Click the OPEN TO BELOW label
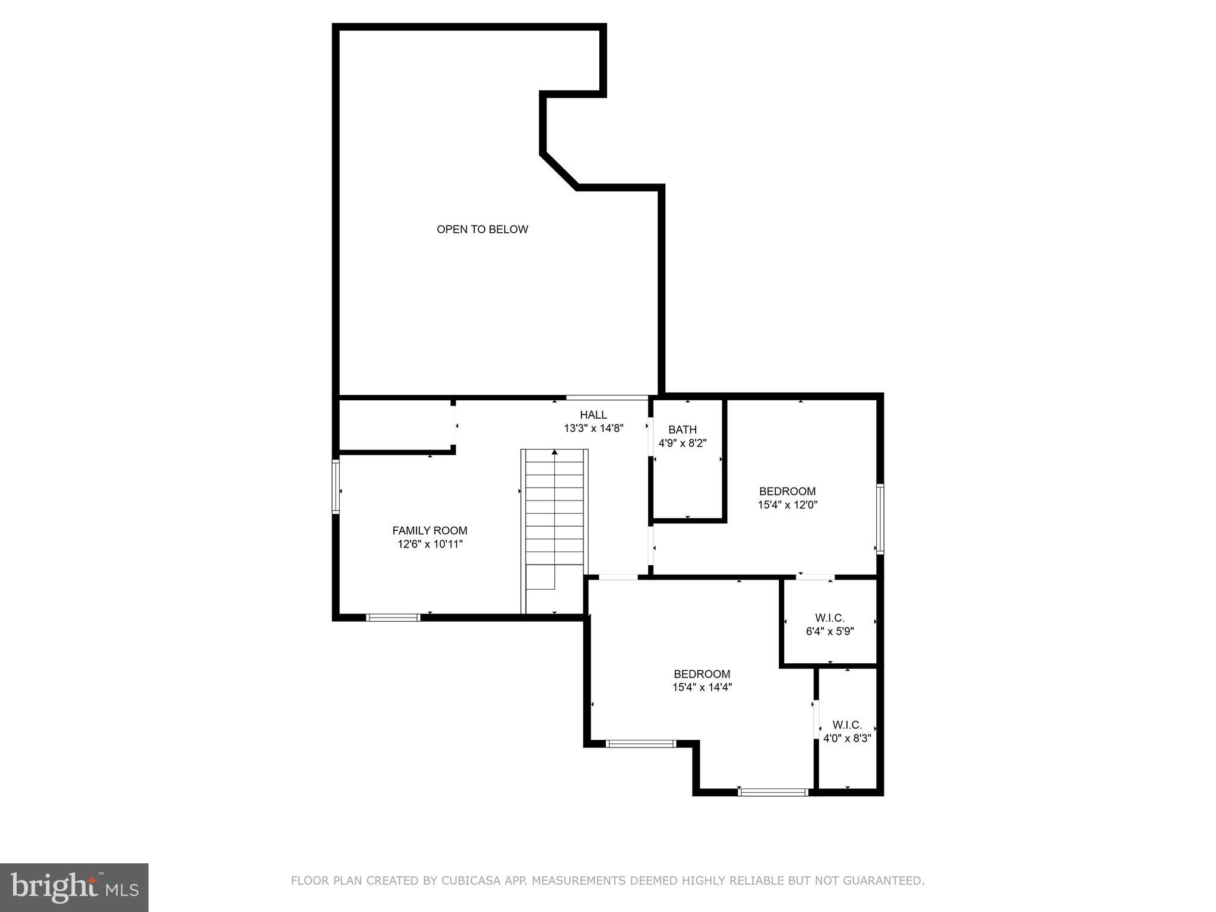[x=482, y=229]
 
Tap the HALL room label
[x=593, y=414]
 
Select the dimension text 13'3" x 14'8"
[x=593, y=428]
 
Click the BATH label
[x=682, y=429]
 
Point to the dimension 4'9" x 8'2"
[x=682, y=443]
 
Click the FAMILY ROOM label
[x=429, y=530]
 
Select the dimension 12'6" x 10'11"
[x=429, y=544]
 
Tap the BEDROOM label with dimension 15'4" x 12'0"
[x=787, y=491]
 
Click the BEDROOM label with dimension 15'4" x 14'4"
[x=702, y=674]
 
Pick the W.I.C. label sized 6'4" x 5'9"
[x=829, y=618]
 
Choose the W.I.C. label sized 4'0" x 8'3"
[x=847, y=725]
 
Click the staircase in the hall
[x=554, y=522]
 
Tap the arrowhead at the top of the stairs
[x=554, y=452]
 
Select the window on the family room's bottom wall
[x=393, y=617]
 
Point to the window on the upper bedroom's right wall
[x=880, y=519]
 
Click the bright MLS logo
[x=74, y=887]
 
